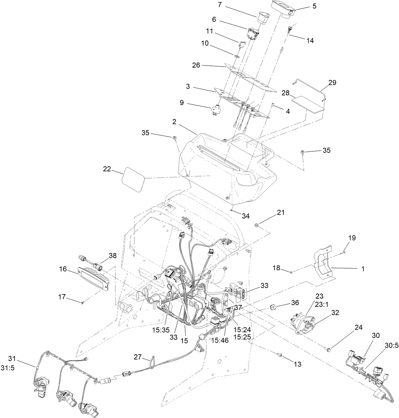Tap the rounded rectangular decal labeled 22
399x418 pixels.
point(133,180)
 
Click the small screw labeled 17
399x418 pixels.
point(82,303)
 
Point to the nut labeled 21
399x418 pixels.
point(257,225)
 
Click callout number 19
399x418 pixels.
point(343,237)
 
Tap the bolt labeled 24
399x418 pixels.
point(328,349)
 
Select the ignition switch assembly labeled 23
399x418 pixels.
point(304,321)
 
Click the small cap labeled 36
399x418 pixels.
point(273,307)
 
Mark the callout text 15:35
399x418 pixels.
point(161,330)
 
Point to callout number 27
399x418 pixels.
point(137,357)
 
